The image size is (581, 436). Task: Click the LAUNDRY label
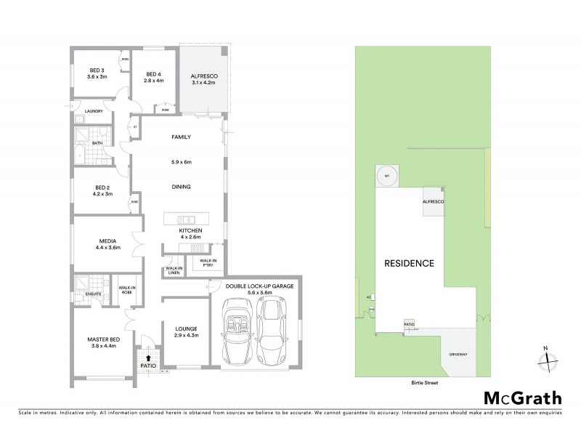(x=93, y=111)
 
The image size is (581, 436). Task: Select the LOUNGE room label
(x=187, y=331)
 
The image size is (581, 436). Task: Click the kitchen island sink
(x=187, y=219)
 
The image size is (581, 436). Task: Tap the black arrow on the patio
(x=150, y=358)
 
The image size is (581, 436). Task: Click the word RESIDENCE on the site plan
(x=409, y=263)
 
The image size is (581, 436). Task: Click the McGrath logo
(x=522, y=397)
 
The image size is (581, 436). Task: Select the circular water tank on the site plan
(x=387, y=175)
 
